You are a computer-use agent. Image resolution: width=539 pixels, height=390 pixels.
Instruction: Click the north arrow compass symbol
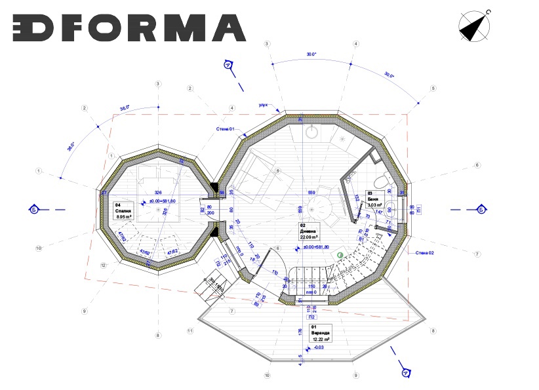pyautogui.click(x=476, y=26)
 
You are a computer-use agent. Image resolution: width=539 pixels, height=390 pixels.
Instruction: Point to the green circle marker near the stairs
pyautogui.click(x=340, y=254)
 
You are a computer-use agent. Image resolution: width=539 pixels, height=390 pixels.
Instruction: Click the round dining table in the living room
pyautogui.click(x=319, y=213)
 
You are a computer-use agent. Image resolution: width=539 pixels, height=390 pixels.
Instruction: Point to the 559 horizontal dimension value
pyautogui.click(x=313, y=192)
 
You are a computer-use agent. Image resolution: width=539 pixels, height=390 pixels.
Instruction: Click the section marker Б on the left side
pyautogui.click(x=33, y=209)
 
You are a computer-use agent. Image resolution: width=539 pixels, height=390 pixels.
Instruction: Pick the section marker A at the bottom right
pyautogui.click(x=406, y=374)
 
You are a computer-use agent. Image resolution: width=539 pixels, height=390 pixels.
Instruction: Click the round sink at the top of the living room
pyautogui.click(x=313, y=132)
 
